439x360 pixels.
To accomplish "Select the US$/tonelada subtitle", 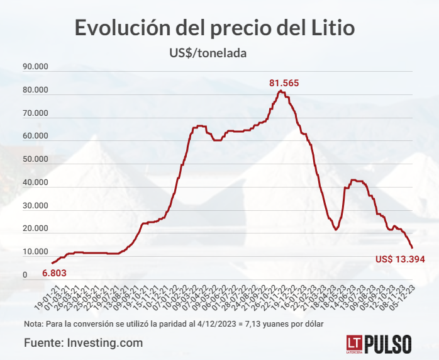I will pos(208,53).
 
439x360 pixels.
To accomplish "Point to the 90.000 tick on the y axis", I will pos(35,67).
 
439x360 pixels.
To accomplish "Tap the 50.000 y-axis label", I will pos(35,160).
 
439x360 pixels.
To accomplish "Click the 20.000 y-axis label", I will pos(35,229).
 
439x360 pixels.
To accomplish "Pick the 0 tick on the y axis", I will pos(25,275).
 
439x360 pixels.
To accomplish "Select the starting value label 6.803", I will pos(54,274).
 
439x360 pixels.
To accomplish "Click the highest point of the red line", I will pos(280,91).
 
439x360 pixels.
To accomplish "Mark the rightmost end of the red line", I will pos(412,247).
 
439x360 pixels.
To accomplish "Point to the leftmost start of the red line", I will pos(52,263).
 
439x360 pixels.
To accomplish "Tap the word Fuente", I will pos(43,343).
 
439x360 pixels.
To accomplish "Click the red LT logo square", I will pos(353,344).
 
